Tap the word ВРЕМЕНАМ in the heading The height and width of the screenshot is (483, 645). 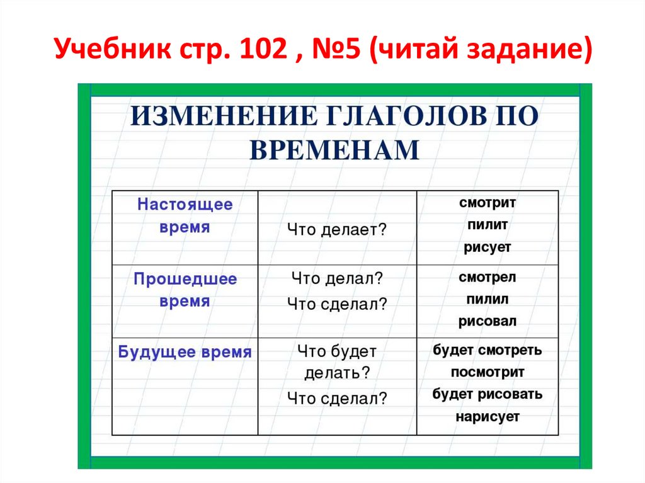point(334,151)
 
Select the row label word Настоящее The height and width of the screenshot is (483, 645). point(185,205)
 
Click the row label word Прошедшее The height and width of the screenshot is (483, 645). point(185,279)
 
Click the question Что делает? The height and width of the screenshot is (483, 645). point(336,230)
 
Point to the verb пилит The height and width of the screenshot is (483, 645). point(488,225)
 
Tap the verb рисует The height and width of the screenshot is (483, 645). point(488,247)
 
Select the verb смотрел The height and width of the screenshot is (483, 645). point(488,277)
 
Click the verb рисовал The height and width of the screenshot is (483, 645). point(488,321)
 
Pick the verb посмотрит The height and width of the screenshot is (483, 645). point(488,372)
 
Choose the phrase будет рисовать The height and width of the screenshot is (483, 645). point(488,394)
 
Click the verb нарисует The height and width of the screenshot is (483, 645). point(488,416)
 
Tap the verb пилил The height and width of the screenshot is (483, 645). point(488,299)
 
